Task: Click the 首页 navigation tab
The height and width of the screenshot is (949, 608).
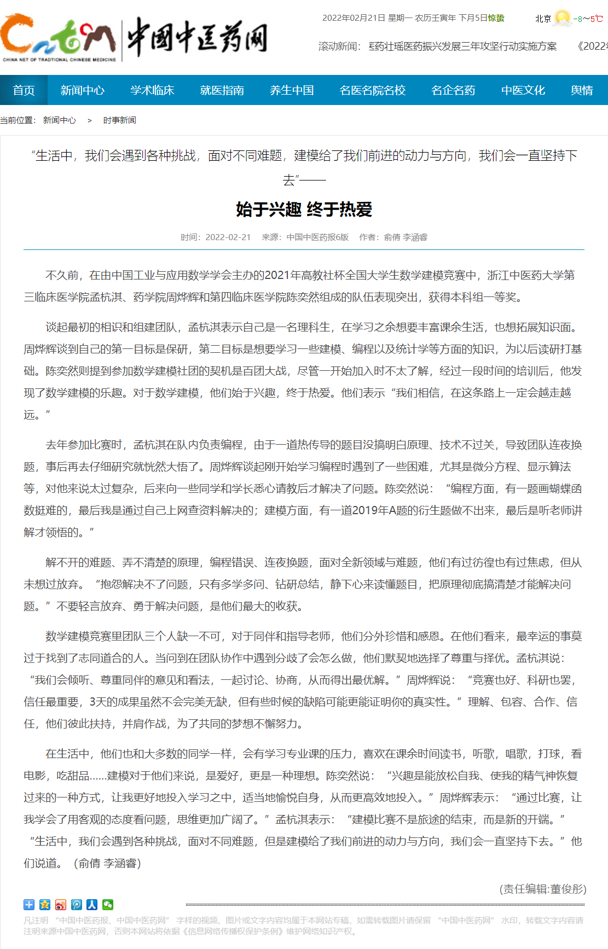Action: pyautogui.click(x=24, y=90)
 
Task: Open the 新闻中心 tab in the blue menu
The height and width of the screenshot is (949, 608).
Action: pyautogui.click(x=82, y=90)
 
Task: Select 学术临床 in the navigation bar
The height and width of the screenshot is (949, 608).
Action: pyautogui.click(x=152, y=90)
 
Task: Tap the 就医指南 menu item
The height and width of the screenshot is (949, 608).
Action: pyautogui.click(x=222, y=90)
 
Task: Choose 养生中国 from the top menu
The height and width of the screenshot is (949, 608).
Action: pyautogui.click(x=292, y=90)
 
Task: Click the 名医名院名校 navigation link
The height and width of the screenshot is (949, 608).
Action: pyautogui.click(x=372, y=90)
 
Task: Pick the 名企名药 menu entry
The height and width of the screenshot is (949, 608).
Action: pyautogui.click(x=453, y=90)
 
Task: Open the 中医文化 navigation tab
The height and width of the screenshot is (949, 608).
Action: pyautogui.click(x=523, y=90)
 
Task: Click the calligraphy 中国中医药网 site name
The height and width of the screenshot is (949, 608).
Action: pyautogui.click(x=197, y=37)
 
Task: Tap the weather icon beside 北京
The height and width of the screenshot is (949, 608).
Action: pyautogui.click(x=562, y=18)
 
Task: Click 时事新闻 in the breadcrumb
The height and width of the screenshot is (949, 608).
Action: pyautogui.click(x=119, y=120)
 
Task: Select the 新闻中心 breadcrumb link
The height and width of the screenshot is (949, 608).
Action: pyautogui.click(x=60, y=120)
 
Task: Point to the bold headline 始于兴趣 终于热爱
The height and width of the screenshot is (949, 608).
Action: pyautogui.click(x=304, y=209)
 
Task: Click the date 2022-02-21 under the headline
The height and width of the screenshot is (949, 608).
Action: pyautogui.click(x=228, y=237)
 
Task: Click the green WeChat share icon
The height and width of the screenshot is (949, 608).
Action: pyautogui.click(x=108, y=905)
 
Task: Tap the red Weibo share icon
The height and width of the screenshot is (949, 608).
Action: pyautogui.click(x=61, y=905)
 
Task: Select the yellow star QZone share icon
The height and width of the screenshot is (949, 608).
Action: pyautogui.click(x=45, y=905)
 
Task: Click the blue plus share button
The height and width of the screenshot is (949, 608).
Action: pyautogui.click(x=29, y=905)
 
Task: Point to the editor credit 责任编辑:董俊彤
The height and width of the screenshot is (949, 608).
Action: pyautogui.click(x=543, y=889)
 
